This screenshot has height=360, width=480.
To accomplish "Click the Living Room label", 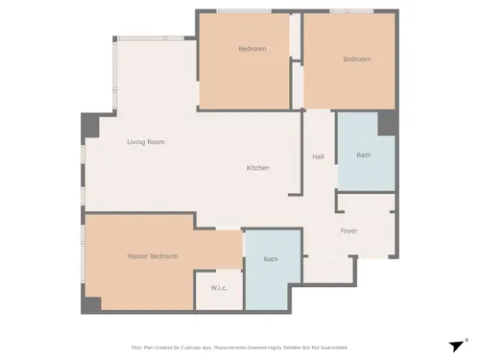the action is (146, 142).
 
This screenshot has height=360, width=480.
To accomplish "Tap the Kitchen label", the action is (258, 168).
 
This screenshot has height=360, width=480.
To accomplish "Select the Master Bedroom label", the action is (153, 256).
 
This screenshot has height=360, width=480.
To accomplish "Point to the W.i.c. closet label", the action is (219, 288).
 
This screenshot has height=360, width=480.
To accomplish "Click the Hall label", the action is (319, 156).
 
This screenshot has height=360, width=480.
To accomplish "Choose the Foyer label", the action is (348, 230).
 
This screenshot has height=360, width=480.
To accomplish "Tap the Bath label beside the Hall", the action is (364, 156).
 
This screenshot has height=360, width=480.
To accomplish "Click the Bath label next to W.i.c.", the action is (271, 259).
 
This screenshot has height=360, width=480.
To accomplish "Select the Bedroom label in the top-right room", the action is (357, 60).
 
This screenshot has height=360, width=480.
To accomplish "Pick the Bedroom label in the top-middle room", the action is (252, 49).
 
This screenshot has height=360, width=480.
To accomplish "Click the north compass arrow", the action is (457, 346).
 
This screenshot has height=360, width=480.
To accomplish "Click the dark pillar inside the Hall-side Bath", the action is (387, 124).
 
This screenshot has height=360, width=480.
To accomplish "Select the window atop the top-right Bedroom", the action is (352, 12).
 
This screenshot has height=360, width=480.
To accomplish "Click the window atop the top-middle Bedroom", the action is (244, 12).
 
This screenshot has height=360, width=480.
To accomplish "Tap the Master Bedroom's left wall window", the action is (83, 253).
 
